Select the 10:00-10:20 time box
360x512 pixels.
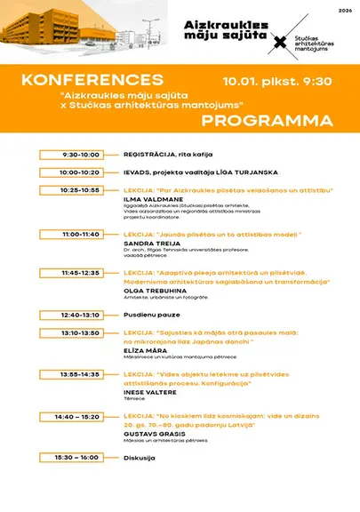coord(81,172)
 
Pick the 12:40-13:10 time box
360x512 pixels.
coord(81,315)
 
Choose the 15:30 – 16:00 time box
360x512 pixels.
coord(81,457)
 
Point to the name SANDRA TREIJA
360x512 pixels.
coord(150,243)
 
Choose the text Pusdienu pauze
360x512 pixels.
coord(152,315)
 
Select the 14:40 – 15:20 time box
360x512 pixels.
coord(81,416)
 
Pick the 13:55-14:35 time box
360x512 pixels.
coord(81,375)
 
